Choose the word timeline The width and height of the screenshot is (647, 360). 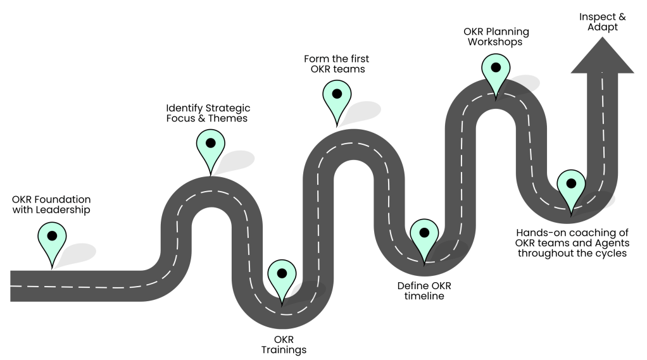click(x=424, y=296)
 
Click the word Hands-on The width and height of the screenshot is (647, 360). click(x=538, y=232)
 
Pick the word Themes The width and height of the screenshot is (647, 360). click(x=228, y=118)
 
